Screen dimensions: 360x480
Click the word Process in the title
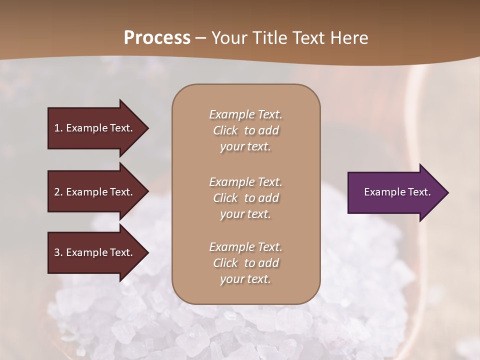point(157,38)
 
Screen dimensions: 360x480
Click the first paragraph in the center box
point(245,130)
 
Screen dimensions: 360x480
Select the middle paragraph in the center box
point(245,197)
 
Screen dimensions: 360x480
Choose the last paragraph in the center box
point(245,263)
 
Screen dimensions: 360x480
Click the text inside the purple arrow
point(397,192)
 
